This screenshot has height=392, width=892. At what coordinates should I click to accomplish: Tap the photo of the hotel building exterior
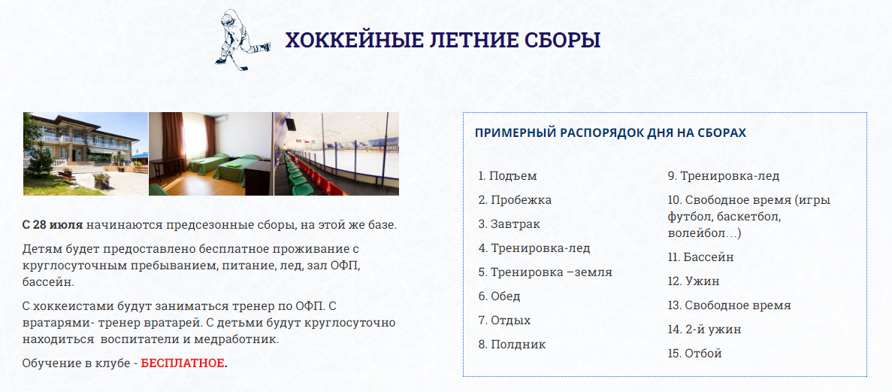(86, 153)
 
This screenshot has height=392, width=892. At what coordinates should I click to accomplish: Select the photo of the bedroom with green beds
(210, 153)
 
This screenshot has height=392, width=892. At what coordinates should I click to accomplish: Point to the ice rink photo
(337, 153)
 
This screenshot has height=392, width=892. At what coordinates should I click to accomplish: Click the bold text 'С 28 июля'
(53, 224)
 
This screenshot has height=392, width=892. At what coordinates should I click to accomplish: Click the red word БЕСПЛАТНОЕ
(183, 363)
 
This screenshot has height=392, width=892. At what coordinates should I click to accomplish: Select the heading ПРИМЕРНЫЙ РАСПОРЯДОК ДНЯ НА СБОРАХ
(610, 132)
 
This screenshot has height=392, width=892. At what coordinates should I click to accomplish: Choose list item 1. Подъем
(507, 176)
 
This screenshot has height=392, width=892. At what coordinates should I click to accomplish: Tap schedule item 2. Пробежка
(515, 200)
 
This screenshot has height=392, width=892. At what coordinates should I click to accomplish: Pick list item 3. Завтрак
(509, 224)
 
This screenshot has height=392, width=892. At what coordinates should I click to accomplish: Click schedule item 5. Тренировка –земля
(545, 272)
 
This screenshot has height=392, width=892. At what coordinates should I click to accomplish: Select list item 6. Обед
(499, 296)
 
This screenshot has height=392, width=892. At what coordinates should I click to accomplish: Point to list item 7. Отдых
(504, 321)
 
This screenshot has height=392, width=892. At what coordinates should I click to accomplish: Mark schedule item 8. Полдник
(512, 344)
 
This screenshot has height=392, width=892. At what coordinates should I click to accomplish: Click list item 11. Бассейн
(701, 257)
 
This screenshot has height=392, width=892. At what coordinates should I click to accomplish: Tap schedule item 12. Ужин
(694, 281)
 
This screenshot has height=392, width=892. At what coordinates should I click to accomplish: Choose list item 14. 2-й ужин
(705, 330)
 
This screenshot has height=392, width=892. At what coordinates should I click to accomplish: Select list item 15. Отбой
(694, 354)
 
